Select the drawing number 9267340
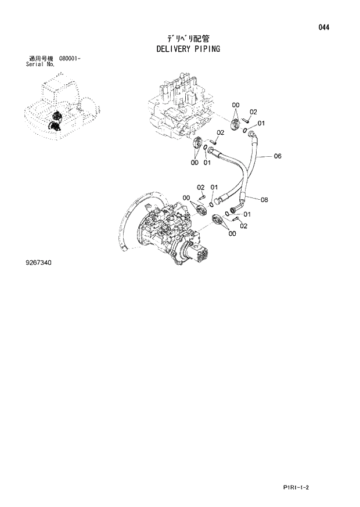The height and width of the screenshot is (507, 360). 39,263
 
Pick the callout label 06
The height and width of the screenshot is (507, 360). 277,156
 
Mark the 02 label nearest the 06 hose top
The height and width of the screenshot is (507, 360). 253,112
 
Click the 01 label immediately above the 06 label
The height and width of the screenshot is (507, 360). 261,123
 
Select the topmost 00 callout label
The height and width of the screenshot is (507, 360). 236,105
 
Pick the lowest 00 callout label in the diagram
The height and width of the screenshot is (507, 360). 232,233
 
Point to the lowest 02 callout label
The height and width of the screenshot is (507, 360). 244,226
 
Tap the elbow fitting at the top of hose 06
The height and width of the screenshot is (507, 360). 251,135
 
